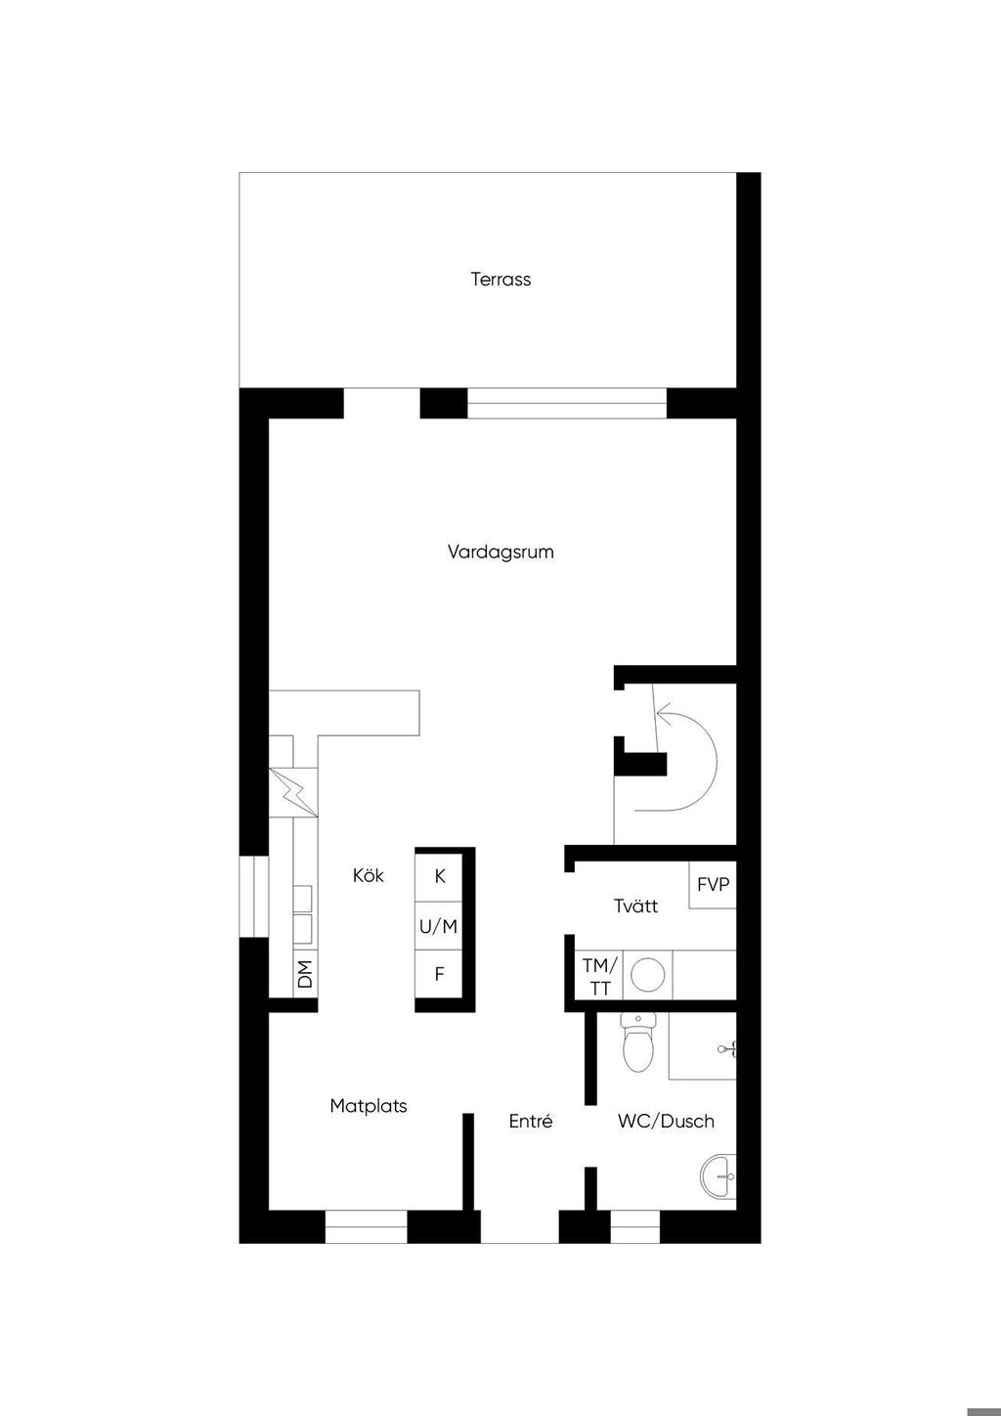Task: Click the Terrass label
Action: coord(500,280)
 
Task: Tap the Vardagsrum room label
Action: coord(500,552)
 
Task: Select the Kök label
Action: coord(369,875)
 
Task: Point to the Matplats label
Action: coord(369,1106)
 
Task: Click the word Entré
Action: coord(531,1122)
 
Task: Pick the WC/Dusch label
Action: coord(666,1122)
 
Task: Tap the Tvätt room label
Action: coord(635,907)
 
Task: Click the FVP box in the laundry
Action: coord(713,884)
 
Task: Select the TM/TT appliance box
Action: coord(599,976)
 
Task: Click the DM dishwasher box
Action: coord(305,973)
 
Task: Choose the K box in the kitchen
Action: coord(440,876)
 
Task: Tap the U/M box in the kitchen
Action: coord(439,925)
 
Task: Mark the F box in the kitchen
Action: coord(440,974)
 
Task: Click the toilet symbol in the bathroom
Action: coord(637,1043)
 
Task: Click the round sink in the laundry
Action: coord(647,975)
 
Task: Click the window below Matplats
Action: coord(366,1226)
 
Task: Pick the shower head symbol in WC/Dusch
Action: coord(727,1049)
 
